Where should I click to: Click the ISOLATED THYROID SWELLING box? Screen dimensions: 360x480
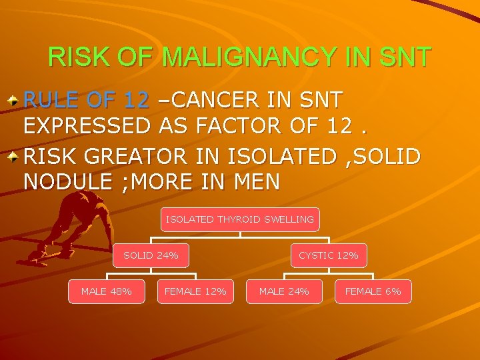pos(239,219)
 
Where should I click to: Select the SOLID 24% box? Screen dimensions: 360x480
pos(151,255)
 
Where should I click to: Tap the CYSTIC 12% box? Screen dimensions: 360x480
pos(328,255)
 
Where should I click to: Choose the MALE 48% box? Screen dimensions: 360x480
pos(106,291)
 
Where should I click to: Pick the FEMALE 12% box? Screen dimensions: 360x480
pos(195,291)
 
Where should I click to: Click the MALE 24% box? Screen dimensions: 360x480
pos(284,291)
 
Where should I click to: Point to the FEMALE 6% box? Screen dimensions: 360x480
pos(373,291)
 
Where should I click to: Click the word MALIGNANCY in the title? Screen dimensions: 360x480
pos(249,57)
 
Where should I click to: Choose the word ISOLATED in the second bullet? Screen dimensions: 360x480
pos(282,157)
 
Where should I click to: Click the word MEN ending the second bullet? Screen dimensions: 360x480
pos(255,181)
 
